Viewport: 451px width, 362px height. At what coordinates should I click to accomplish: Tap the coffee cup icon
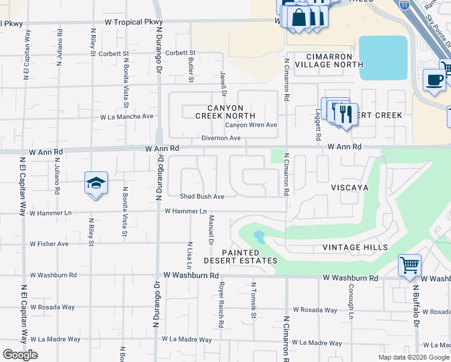coord(434,80)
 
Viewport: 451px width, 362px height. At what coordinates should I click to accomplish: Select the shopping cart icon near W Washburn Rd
coord(409,265)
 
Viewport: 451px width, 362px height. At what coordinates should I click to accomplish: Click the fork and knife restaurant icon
coord(345,113)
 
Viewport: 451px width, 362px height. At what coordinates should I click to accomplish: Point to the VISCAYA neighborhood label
coord(349,188)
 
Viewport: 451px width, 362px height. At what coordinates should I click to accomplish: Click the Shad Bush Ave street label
coord(202,196)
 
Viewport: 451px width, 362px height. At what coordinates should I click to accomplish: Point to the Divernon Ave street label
coord(221,138)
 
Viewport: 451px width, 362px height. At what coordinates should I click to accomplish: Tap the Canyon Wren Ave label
coord(251,125)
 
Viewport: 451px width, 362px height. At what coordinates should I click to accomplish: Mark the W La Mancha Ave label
coord(126,116)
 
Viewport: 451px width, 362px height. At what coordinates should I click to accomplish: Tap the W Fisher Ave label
coord(49,244)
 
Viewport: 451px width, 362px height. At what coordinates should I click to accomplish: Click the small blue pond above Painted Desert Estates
coord(259,237)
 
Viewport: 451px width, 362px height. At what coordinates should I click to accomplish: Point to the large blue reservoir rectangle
coord(383,57)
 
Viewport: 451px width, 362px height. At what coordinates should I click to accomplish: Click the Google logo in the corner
coord(20,355)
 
